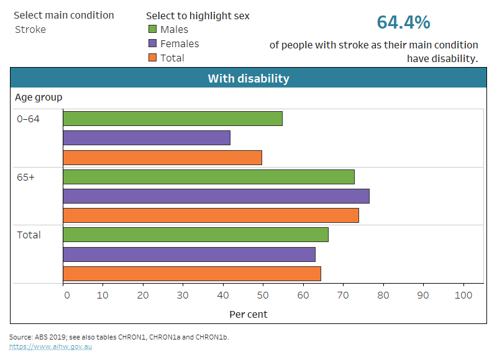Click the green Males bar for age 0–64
coord(173,119)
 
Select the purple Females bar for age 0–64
coord(147,138)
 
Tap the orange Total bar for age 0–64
coord(163,158)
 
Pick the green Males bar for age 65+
coord(209,177)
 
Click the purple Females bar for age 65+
coord(216,196)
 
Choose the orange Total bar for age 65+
coord(211,215)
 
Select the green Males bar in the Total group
coord(196,235)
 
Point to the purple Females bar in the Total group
coord(189,254)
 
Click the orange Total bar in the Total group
coord(192,274)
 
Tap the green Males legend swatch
coord(152,29)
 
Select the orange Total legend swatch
coord(152,58)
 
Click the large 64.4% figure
coord(403,22)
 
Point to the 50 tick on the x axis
coord(263,295)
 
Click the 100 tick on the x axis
coord(463,295)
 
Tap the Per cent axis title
coord(248,314)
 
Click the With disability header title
coord(248,79)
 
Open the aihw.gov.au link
coord(50,346)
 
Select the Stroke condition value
coord(30,29)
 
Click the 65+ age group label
coord(26,177)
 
